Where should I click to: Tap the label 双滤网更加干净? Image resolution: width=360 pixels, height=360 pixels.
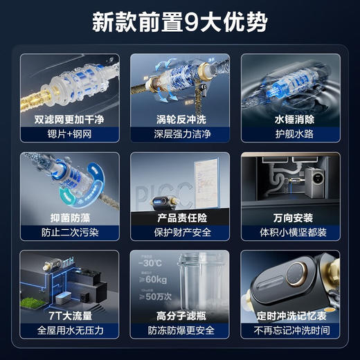point(69,118)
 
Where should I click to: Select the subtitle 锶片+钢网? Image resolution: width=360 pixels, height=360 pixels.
point(69,134)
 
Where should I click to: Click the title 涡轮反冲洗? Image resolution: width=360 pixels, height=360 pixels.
point(179,118)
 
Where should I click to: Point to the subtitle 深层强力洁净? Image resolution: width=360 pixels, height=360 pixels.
point(179,134)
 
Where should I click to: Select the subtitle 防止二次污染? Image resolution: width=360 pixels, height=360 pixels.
point(69,232)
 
